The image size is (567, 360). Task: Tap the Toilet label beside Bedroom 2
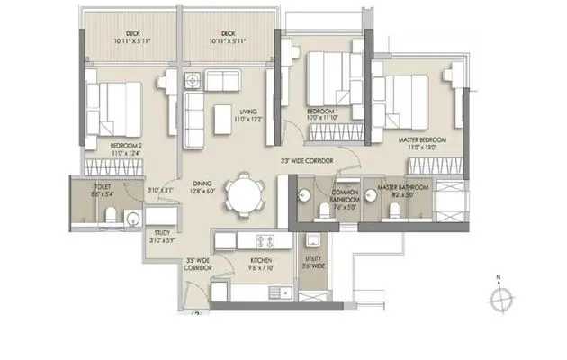(90, 192)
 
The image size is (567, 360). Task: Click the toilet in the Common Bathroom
(322, 210)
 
